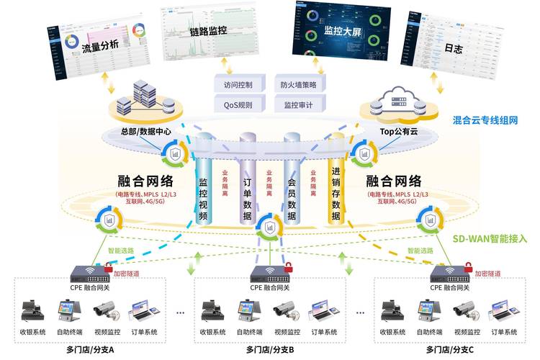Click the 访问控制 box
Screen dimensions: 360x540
238,84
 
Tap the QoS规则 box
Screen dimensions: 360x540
238,104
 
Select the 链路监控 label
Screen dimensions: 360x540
208,32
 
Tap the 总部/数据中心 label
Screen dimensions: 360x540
146,132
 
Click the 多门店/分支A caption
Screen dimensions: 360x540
90,349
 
